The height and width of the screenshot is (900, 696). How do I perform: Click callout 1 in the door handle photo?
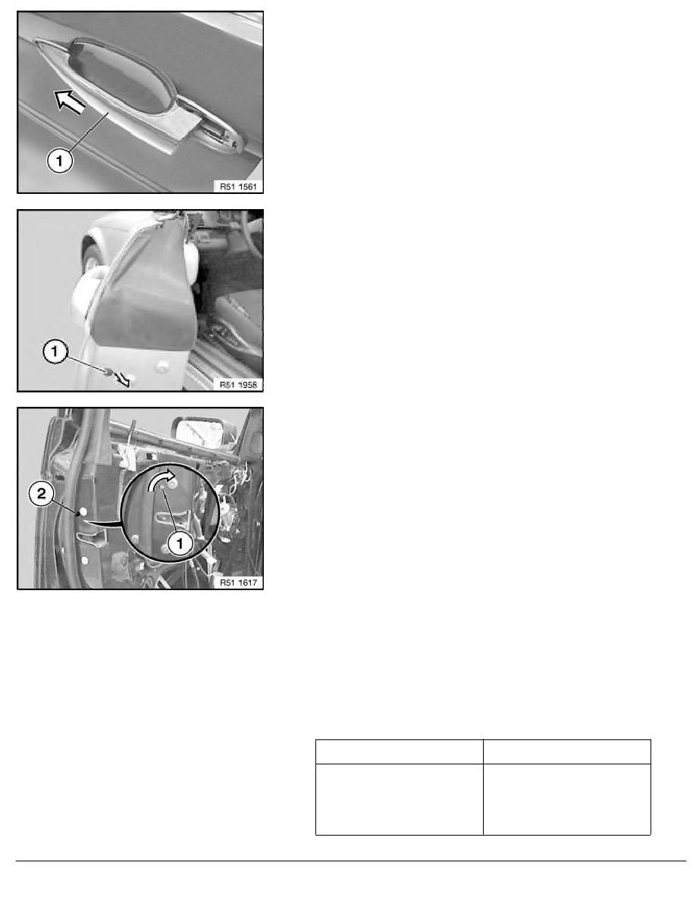[60, 160]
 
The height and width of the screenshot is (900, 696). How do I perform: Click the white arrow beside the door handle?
[70, 102]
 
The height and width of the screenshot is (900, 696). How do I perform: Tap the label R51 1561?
[238, 186]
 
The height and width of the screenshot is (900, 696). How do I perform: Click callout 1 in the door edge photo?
[55, 351]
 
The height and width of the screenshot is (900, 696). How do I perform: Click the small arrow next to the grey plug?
[122, 378]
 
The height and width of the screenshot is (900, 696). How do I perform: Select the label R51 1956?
[238, 384]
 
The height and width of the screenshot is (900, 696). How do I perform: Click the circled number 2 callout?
[42, 493]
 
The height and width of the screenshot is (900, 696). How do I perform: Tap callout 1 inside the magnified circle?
[180, 542]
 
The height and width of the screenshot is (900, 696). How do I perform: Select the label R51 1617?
[238, 582]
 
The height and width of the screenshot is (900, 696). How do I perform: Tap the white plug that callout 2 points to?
[84, 511]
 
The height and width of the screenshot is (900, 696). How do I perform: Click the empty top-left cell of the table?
[400, 752]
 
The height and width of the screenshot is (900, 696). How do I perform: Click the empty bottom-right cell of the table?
[567, 799]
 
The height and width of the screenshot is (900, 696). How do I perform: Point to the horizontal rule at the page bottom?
[351, 861]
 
